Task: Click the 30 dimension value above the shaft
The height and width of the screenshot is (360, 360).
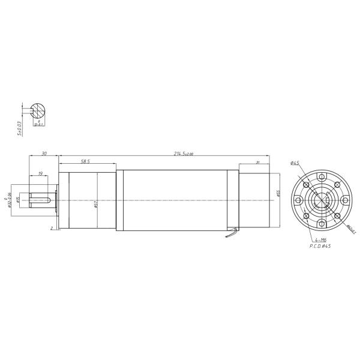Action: tap(44, 154)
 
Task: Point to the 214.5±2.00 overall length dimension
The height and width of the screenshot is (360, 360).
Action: tap(184, 154)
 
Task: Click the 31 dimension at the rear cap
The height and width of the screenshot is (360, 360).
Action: tap(257, 162)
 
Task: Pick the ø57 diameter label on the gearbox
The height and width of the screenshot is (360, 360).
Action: tap(96, 204)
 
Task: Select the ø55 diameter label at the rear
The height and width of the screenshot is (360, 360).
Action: tap(279, 193)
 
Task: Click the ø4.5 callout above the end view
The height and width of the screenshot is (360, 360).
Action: tap(295, 162)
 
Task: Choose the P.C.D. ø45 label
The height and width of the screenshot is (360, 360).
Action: tap(320, 246)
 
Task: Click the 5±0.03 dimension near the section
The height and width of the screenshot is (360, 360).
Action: tap(19, 128)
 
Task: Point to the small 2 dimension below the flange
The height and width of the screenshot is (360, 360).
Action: tap(52, 228)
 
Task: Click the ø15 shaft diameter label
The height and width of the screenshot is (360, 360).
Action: tap(20, 199)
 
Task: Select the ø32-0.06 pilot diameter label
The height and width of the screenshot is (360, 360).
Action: tap(10, 200)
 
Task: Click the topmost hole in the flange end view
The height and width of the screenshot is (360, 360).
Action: tap(322, 177)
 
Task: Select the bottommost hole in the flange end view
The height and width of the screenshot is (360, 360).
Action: tap(322, 223)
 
